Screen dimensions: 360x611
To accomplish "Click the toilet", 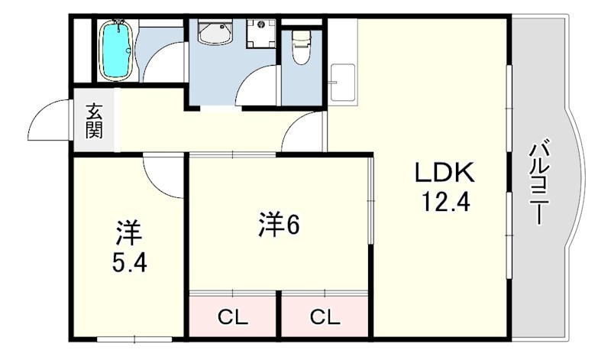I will point(300,49).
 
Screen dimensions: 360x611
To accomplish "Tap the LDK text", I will point(445,172).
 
